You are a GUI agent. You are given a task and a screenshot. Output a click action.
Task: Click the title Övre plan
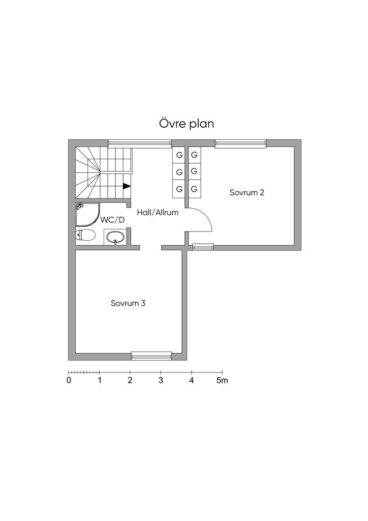point(187,124)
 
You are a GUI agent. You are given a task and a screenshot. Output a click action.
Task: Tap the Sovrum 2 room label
point(247,192)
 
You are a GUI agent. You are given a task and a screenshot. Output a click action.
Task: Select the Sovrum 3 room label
point(128,303)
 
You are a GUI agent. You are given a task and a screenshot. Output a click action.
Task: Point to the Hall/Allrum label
point(158,212)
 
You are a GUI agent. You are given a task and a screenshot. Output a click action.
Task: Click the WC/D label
point(112,220)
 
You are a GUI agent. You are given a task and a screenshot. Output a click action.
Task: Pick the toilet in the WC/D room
point(85,235)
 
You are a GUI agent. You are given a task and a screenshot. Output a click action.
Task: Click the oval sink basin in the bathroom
point(115,237)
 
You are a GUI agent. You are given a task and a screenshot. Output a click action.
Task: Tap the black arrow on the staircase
point(127,186)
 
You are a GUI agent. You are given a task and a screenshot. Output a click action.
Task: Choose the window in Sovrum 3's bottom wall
point(151,356)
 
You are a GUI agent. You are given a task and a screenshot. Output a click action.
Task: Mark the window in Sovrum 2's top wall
point(240,143)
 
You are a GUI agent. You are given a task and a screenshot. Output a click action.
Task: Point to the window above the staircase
point(140,143)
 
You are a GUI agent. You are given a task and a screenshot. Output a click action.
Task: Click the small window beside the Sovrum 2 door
point(203,247)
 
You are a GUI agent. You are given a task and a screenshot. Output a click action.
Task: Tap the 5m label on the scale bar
point(222,381)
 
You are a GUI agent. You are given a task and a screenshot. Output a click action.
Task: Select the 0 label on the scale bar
point(69,381)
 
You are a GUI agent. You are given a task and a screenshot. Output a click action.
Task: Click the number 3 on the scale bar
point(161,381)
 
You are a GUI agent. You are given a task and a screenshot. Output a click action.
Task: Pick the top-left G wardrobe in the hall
point(179,155)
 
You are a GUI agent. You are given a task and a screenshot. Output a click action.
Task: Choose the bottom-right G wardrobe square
point(195,189)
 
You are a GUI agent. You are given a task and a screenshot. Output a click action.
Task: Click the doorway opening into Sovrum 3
point(150,248)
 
